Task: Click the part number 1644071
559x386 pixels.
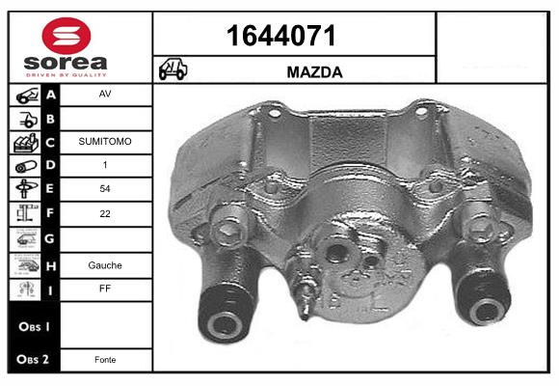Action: click(280, 37)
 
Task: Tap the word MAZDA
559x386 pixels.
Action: click(315, 72)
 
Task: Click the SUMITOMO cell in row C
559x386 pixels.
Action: click(106, 142)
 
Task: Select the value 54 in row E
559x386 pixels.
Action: click(106, 189)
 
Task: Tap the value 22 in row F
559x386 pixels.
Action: click(106, 212)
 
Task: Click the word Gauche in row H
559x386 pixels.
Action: click(106, 264)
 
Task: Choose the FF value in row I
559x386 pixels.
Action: click(106, 288)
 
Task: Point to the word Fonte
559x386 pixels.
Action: click(106, 359)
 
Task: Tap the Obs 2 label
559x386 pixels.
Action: click(31, 359)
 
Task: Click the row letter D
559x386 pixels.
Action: click(51, 165)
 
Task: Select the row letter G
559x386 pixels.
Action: click(51, 236)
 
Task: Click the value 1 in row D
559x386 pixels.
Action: click(106, 165)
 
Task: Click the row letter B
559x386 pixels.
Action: click(51, 119)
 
